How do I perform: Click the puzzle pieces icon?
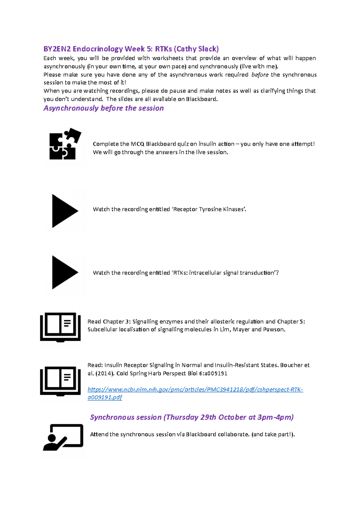pyautogui.click(x=64, y=144)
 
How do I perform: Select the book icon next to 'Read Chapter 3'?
pyautogui.click(x=60, y=327)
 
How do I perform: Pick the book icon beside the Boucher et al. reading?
pyautogui.click(x=60, y=381)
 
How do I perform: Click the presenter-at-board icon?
pyautogui.click(x=63, y=437)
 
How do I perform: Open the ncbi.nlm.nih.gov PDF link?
pyautogui.click(x=195, y=390)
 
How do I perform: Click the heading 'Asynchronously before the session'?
pyautogui.click(x=103, y=108)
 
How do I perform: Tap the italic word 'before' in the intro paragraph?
pyautogui.click(x=260, y=75)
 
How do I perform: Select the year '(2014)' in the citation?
pyautogui.click(x=105, y=374)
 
